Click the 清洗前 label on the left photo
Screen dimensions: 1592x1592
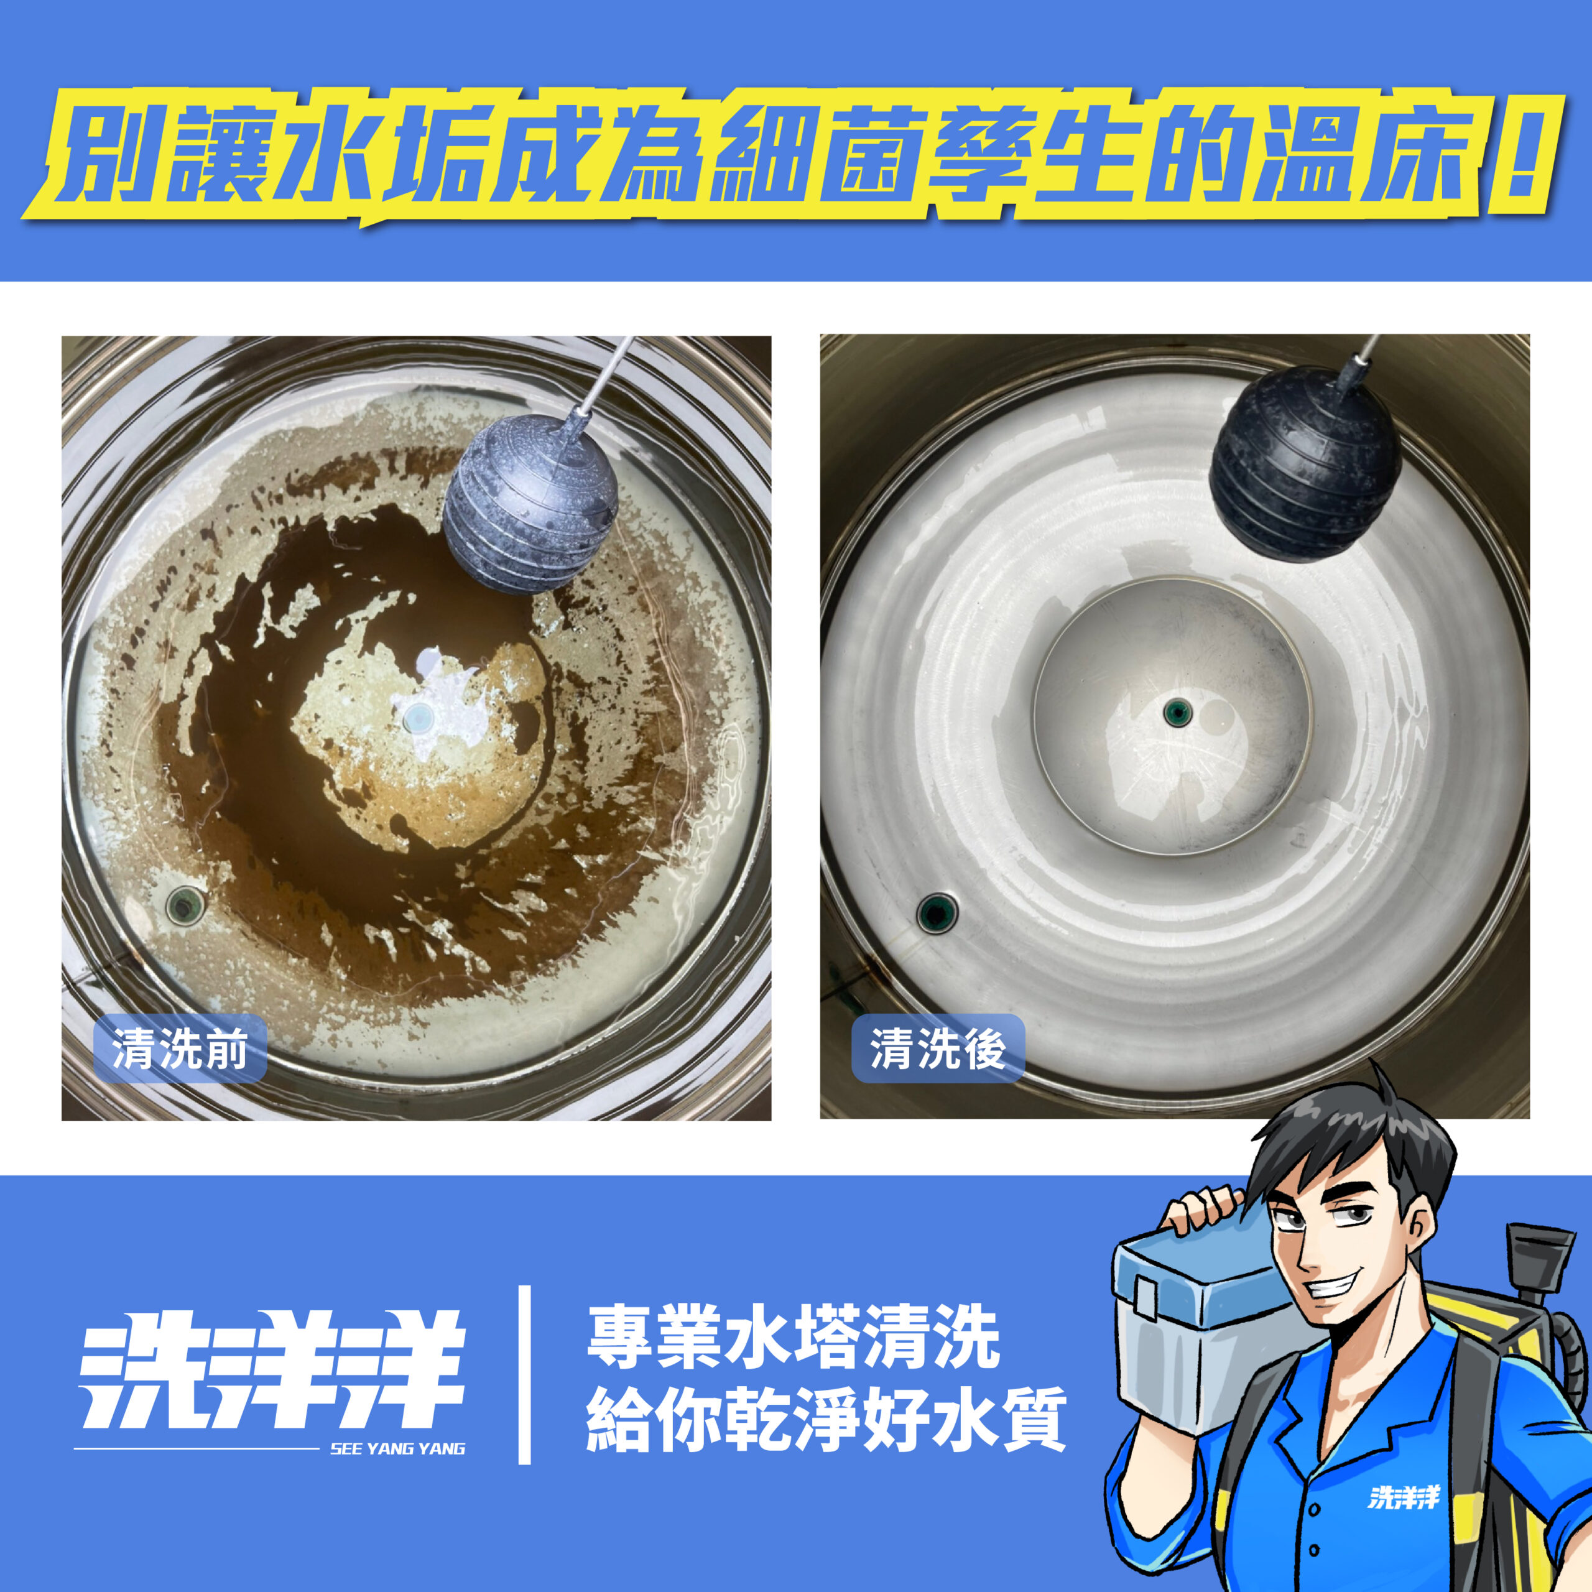pos(180,1050)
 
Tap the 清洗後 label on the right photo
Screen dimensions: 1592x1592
pos(938,1050)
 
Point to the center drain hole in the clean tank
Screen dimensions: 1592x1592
pos(1177,711)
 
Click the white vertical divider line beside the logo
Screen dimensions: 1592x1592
pos(524,1374)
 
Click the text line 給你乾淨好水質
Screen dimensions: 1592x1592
pos(826,1419)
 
